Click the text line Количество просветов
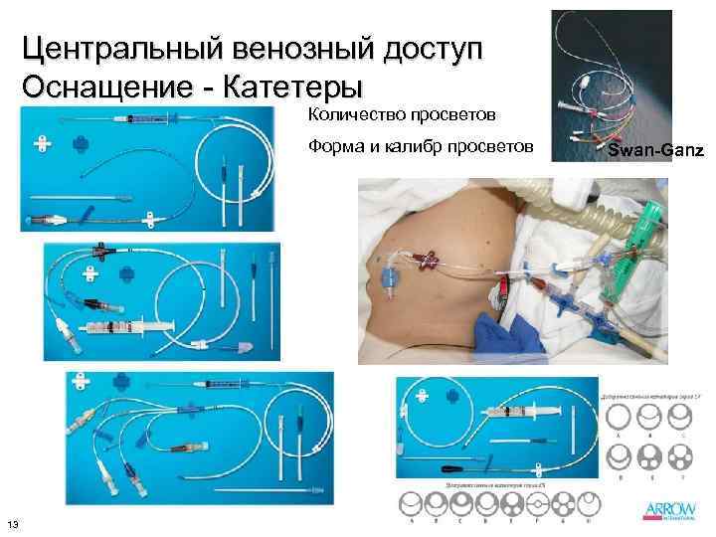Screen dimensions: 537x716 [409, 118]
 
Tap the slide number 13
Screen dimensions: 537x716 [13, 524]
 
